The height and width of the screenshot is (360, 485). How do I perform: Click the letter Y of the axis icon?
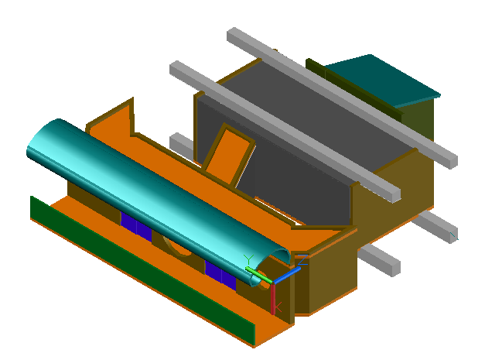tap(248, 258)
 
